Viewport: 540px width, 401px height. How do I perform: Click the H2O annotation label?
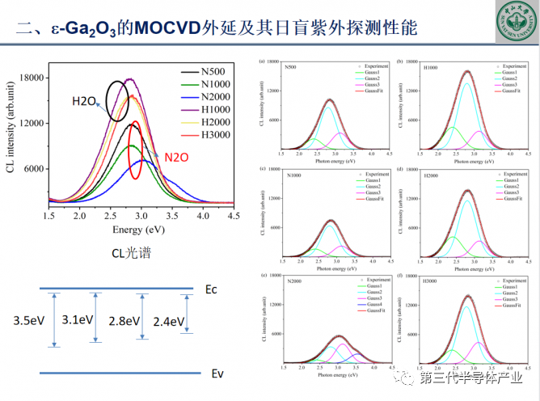click(x=84, y=101)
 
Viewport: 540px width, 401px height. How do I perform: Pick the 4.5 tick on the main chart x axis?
click(x=233, y=217)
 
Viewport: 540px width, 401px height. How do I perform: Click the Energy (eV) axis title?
click(x=139, y=230)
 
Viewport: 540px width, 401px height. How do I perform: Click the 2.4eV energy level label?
click(x=168, y=320)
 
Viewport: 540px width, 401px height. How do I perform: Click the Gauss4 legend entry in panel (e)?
click(x=375, y=304)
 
